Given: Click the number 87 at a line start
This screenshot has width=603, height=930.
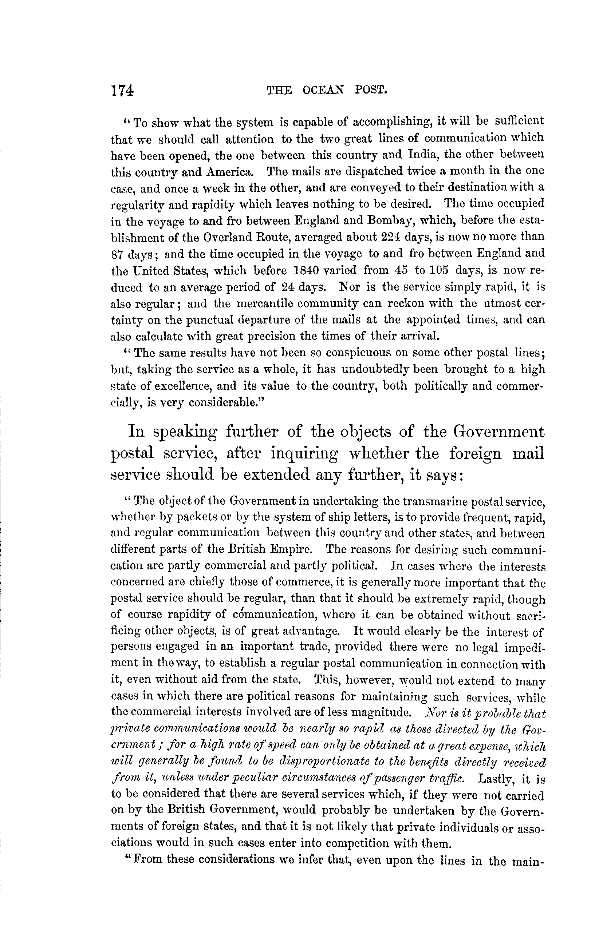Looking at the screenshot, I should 119,255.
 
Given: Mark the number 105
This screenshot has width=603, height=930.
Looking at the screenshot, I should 440,270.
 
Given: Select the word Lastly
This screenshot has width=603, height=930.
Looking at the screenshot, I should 494,778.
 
